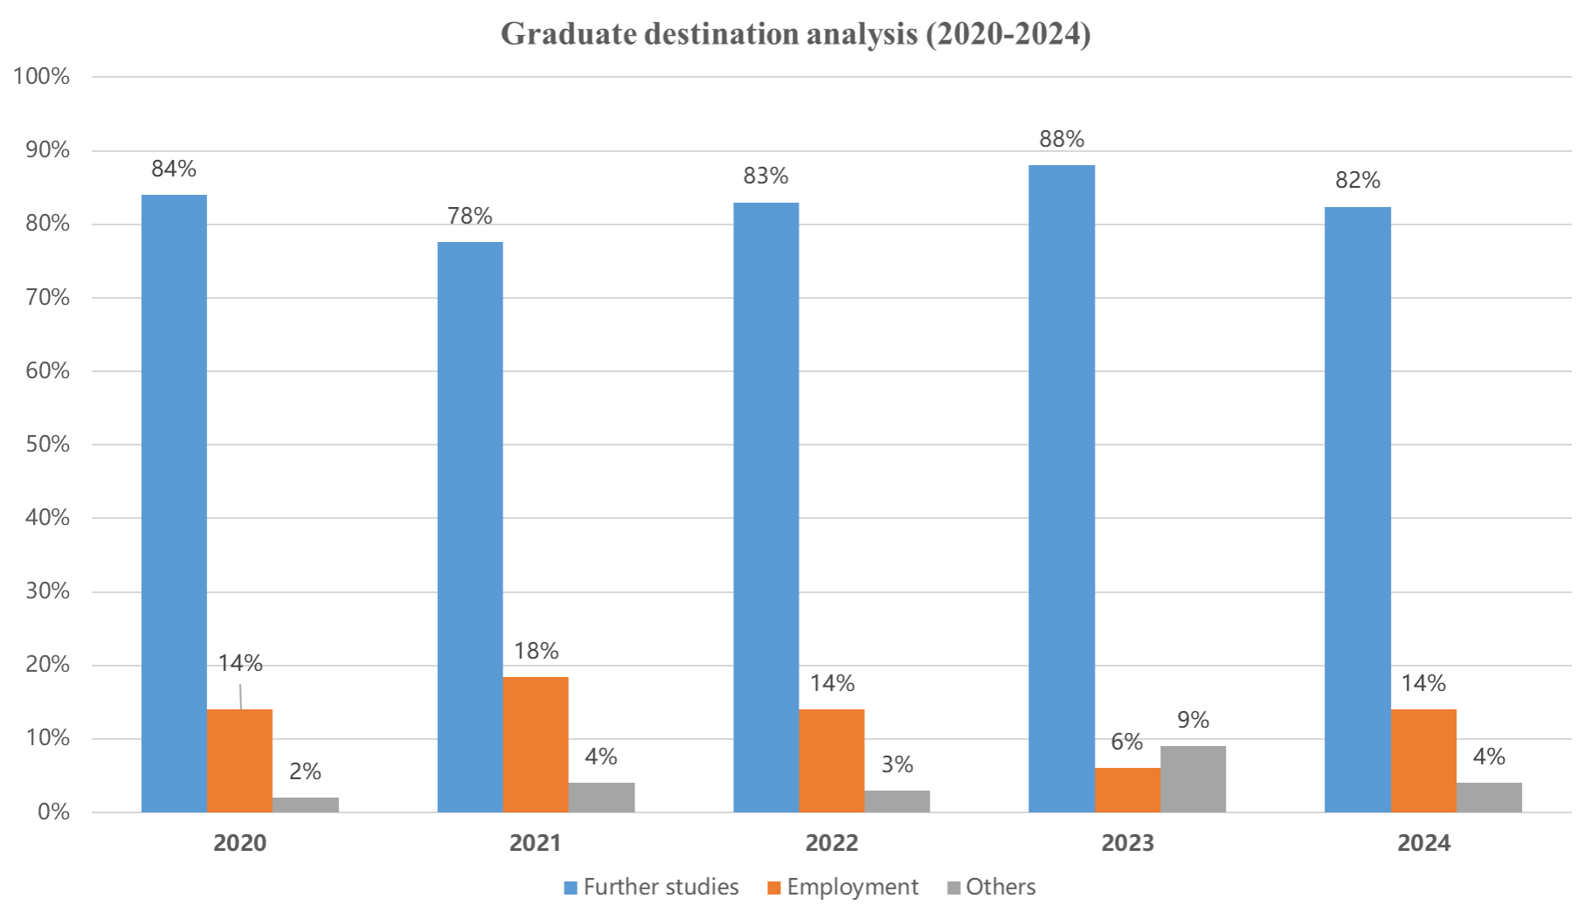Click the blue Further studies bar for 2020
click(174, 503)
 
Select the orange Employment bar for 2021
click(536, 744)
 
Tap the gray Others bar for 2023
click(1194, 779)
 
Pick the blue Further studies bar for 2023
click(1062, 488)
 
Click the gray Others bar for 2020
click(306, 805)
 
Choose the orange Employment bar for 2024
click(1424, 761)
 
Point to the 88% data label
click(1062, 139)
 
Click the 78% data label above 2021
click(470, 216)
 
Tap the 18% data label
click(536, 651)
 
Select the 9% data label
click(1194, 720)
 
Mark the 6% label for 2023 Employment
click(1127, 743)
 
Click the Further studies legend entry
click(651, 888)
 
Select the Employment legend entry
click(843, 888)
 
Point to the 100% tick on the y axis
click(41, 77)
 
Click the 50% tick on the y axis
click(45, 445)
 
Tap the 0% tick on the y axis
click(52, 812)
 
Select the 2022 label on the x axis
click(832, 843)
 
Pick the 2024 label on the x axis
click(1424, 843)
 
